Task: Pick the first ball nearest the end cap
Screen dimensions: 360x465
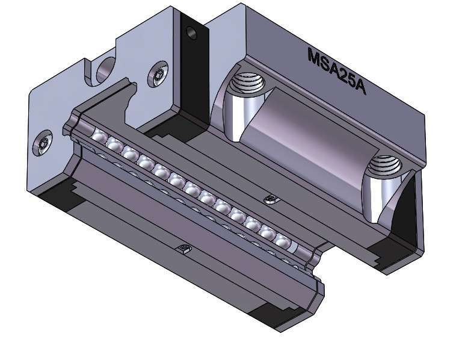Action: [x=98, y=134]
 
